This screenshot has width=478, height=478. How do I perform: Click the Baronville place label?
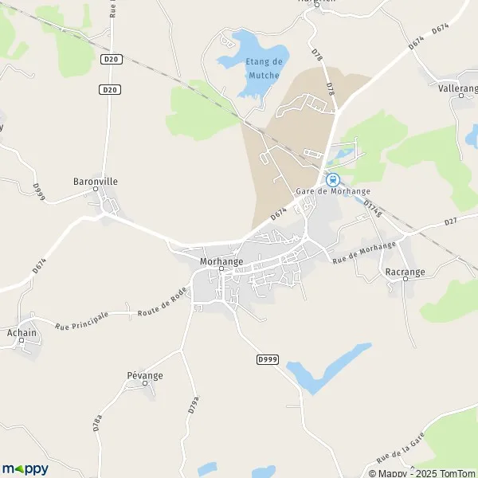pos(96,181)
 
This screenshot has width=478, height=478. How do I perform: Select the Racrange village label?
pos(405,272)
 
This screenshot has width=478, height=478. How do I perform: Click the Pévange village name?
pos(144,375)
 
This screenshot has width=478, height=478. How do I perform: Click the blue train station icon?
pos(334,180)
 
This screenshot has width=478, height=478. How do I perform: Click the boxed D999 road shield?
pos(268,360)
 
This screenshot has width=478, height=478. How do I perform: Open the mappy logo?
pos(25,468)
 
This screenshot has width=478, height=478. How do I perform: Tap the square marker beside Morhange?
pos(221,269)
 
